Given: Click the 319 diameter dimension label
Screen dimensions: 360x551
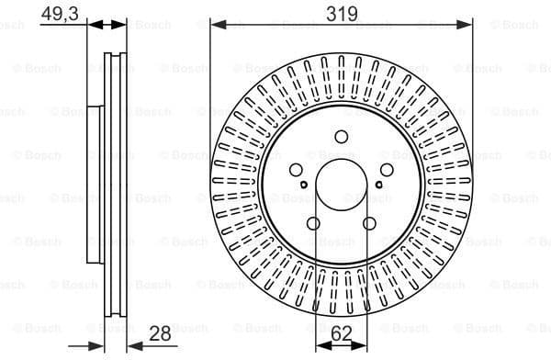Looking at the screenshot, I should click(x=341, y=13).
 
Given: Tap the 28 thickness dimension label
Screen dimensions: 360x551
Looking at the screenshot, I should click(x=161, y=334).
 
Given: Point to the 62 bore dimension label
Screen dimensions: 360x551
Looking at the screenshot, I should click(x=342, y=334).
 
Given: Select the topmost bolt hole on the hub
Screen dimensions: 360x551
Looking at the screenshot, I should click(x=342, y=138).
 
